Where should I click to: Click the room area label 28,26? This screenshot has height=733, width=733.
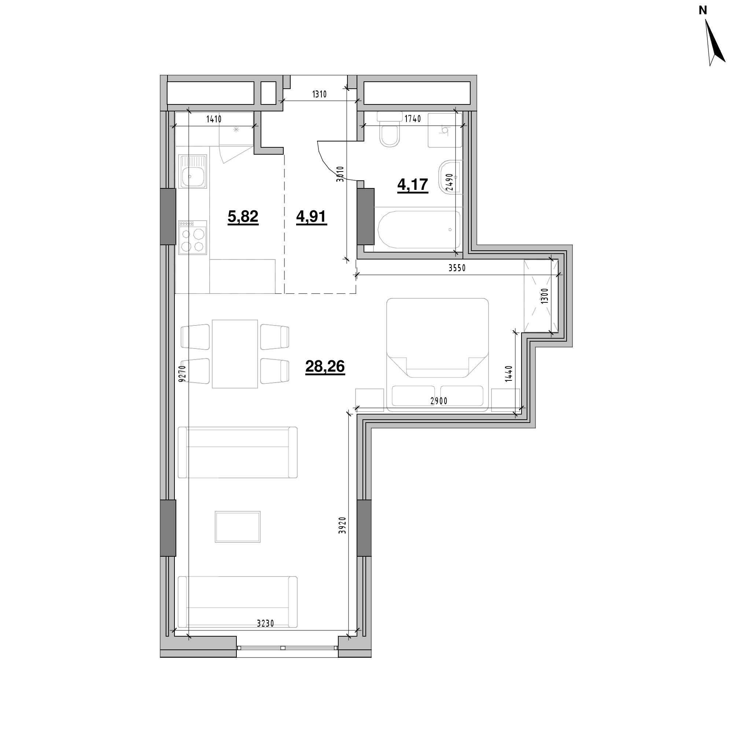(325, 367)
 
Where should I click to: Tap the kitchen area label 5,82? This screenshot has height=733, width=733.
(243, 217)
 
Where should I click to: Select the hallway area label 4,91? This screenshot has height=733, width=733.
(311, 217)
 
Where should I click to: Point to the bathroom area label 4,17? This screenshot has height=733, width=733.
(413, 185)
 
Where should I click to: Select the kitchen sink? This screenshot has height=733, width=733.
(194, 172)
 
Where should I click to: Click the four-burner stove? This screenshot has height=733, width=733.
(193, 238)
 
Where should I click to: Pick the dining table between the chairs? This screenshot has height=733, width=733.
(235, 354)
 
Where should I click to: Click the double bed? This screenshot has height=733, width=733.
(438, 354)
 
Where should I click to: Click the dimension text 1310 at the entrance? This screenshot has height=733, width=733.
(320, 94)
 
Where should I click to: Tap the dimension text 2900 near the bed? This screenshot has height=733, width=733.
(439, 401)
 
